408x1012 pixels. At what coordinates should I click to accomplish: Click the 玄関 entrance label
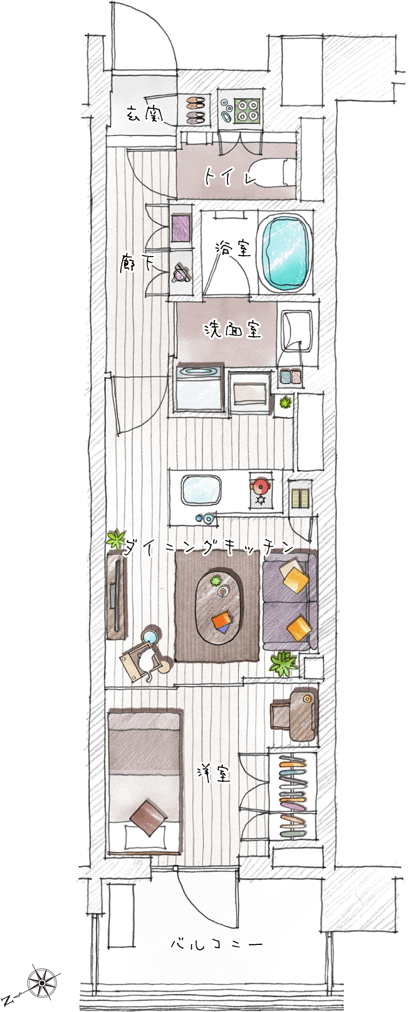[145, 114]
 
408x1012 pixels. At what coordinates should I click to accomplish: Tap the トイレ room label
[230, 177]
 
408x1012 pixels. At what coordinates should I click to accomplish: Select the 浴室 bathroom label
[233, 249]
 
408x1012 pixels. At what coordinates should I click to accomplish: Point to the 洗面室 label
[233, 329]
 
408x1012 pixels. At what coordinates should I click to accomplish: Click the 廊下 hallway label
[136, 264]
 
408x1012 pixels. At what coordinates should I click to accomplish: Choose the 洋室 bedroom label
[213, 773]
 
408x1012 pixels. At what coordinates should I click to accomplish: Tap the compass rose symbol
[42, 982]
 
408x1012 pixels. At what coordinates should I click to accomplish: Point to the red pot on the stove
[260, 486]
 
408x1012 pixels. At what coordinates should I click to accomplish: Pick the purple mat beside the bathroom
[181, 228]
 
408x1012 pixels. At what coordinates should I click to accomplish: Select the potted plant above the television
[116, 540]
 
